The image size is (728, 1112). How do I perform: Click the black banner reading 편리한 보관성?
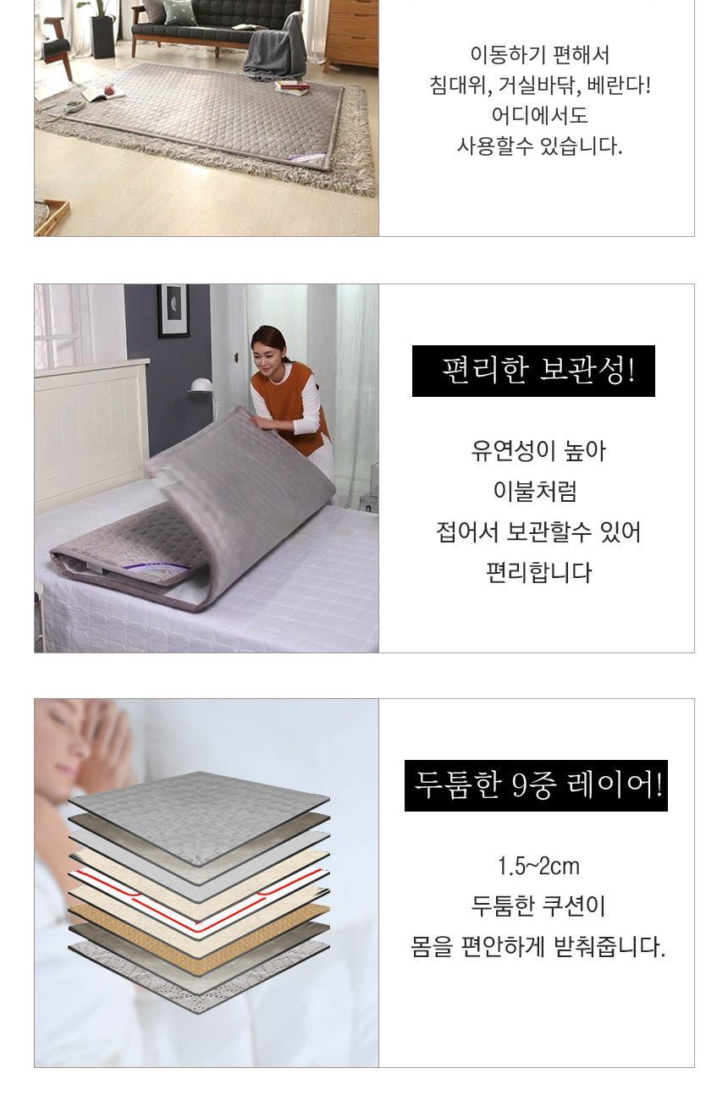(x=533, y=371)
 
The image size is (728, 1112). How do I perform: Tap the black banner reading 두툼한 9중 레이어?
(x=536, y=785)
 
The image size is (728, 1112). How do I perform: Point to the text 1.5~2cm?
(x=538, y=867)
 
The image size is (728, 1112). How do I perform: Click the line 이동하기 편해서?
(x=539, y=56)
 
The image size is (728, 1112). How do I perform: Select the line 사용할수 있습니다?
(x=539, y=146)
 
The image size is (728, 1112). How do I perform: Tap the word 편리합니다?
(x=538, y=573)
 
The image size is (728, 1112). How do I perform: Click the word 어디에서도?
(x=539, y=115)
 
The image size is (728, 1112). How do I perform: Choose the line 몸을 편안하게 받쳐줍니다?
(x=538, y=946)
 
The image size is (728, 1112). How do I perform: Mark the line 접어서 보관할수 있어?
(x=538, y=532)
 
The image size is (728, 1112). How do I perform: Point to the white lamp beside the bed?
(x=201, y=387)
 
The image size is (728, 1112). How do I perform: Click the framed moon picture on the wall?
(x=173, y=311)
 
